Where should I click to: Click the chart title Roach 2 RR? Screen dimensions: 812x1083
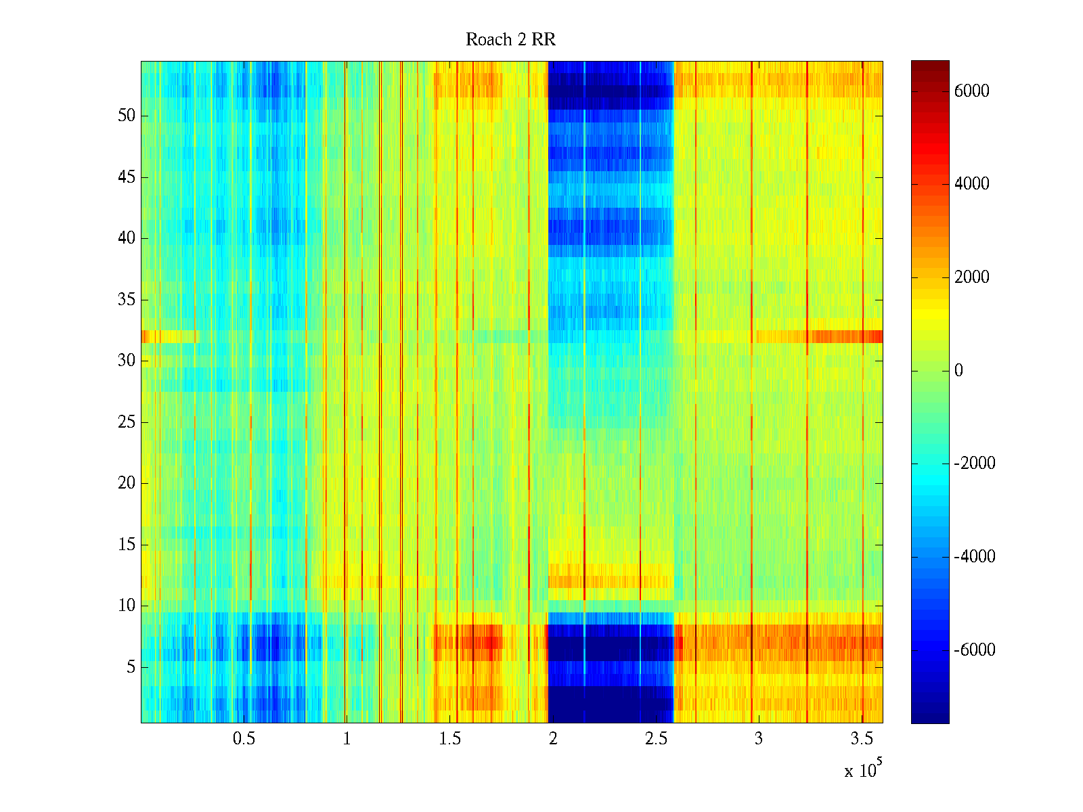pyautogui.click(x=510, y=40)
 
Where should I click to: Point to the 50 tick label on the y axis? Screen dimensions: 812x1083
pyautogui.click(x=127, y=116)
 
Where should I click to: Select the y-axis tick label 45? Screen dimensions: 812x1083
pyautogui.click(x=127, y=177)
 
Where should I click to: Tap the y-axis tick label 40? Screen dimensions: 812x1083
pyautogui.click(x=127, y=238)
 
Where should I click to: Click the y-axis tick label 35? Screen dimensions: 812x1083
pyautogui.click(x=127, y=300)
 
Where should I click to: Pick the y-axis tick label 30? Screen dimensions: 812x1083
pyautogui.click(x=127, y=361)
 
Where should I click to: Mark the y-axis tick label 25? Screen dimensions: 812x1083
pyautogui.click(x=127, y=422)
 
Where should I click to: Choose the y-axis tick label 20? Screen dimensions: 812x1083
pyautogui.click(x=127, y=483)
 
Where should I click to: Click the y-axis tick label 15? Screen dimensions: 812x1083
pyautogui.click(x=127, y=545)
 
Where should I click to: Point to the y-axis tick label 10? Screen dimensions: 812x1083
pyautogui.click(x=127, y=606)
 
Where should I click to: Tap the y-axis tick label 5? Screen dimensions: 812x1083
pyautogui.click(x=131, y=667)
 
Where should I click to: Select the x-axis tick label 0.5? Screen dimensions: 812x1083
pyautogui.click(x=244, y=739)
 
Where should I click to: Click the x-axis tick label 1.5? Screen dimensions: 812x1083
pyautogui.click(x=449, y=739)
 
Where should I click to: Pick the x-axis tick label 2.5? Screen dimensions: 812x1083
pyautogui.click(x=656, y=739)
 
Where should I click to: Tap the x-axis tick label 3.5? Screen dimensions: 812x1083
pyautogui.click(x=862, y=739)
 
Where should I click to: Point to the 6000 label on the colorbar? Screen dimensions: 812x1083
pyautogui.click(x=971, y=91)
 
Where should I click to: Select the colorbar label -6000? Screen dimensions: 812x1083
pyautogui.click(x=974, y=650)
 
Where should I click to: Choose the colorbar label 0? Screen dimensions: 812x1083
pyautogui.click(x=958, y=371)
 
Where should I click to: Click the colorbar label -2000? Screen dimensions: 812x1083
pyautogui.click(x=974, y=464)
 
